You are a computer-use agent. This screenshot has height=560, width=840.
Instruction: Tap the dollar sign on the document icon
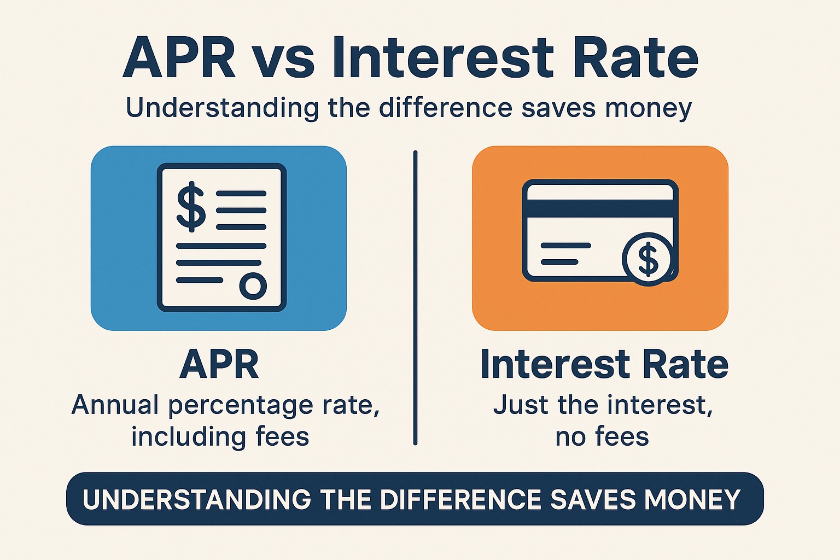[x=191, y=207]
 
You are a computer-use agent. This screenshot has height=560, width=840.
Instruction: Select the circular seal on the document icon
[x=253, y=285]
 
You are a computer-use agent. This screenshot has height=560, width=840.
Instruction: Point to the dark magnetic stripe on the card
[x=600, y=208]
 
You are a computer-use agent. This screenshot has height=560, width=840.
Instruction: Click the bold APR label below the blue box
[x=219, y=365]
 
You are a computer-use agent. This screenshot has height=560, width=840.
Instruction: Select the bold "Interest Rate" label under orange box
[x=604, y=365]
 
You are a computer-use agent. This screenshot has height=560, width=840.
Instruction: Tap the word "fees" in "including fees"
[x=283, y=437]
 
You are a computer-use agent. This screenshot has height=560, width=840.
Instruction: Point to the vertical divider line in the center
[x=416, y=298]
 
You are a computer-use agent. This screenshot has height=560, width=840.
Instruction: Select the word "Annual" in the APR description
[x=115, y=406]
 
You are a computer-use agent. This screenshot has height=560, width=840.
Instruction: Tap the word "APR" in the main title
[x=179, y=59]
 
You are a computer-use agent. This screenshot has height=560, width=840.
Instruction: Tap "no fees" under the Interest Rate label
[x=602, y=437]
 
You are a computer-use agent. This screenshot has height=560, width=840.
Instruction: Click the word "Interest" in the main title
[x=443, y=59]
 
